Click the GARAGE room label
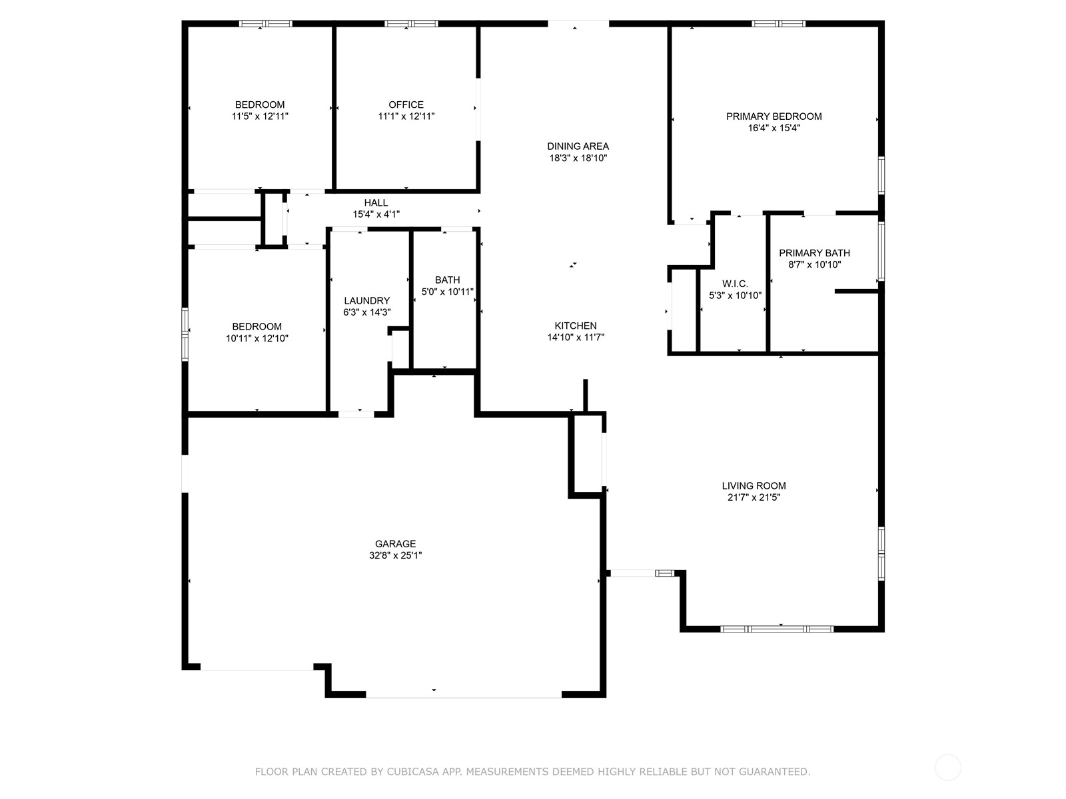coord(395,544)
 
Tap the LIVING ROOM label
coord(754,485)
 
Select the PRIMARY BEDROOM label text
coord(774,117)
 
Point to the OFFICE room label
coord(406,105)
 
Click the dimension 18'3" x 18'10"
coord(578,158)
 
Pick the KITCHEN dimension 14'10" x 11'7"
coord(576,337)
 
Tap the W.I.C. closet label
coord(735,284)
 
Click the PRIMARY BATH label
coord(814,253)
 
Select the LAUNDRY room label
coord(366,301)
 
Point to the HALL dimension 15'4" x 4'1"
coord(376,214)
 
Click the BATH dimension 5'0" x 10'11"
coord(447,292)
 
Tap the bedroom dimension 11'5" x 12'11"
coord(260,116)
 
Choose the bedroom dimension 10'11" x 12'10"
coord(257,338)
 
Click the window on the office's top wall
coord(411,23)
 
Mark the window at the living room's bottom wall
coord(777,629)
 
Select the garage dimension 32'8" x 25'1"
coord(395,555)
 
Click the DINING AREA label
coord(578,146)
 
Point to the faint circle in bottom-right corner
coord(948,768)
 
